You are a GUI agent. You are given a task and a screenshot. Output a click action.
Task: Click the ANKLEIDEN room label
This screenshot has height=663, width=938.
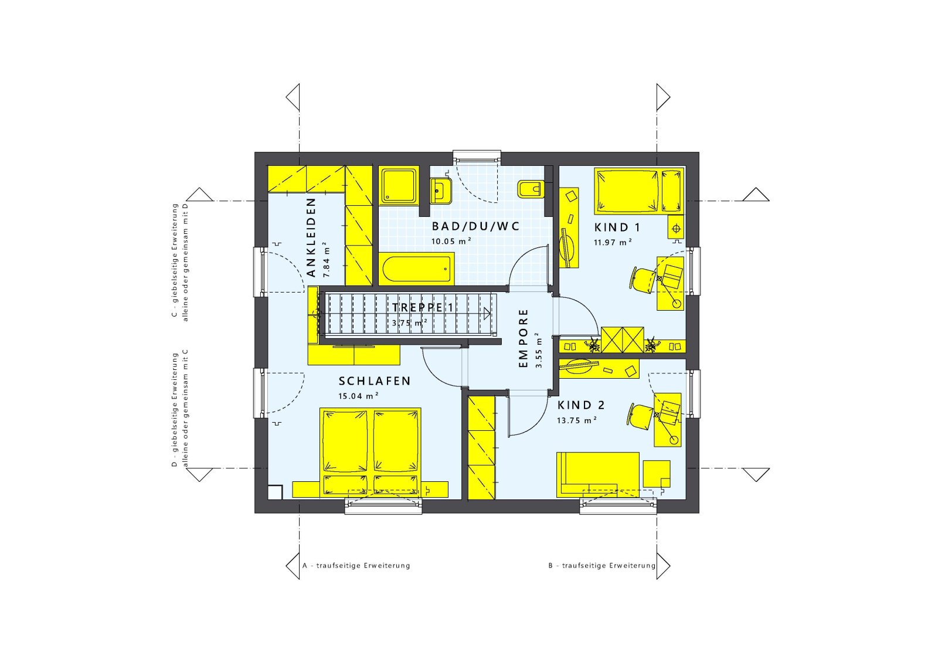coord(311,237)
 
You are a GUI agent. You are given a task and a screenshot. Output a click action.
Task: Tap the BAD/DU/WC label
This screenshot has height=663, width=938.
coord(475,226)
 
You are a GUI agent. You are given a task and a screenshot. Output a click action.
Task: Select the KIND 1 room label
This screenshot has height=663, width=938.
coord(617,227)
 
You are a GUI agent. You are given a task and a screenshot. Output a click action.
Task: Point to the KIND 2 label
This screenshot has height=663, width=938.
coord(581,405)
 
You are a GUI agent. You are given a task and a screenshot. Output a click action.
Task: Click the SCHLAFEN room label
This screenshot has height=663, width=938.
coord(375,381)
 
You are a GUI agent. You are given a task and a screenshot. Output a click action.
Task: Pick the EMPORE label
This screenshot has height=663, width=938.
coord(524,339)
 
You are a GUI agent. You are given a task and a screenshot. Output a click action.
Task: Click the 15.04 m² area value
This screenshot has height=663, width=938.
coord(358,396)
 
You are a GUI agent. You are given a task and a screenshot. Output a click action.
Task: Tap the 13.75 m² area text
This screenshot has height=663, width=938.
coord(576,420)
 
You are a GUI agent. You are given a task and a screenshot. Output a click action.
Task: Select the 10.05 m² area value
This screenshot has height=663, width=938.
coord(451,241)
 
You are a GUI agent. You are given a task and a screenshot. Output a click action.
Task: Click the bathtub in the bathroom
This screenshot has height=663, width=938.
coord(416,269)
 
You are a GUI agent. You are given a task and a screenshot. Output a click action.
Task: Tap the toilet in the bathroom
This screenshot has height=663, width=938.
coord(530,189)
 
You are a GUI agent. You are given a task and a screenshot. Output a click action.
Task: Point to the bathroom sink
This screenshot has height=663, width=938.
coord(440,190)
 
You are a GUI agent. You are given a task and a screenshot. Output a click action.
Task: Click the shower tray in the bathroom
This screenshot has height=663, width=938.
coord(399,186)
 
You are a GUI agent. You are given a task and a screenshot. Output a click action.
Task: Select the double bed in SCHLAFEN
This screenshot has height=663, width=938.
coord(371,451)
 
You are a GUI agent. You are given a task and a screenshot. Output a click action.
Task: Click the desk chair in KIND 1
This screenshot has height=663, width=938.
coord(644,280)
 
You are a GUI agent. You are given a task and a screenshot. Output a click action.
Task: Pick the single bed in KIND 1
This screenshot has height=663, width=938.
coord(639,191)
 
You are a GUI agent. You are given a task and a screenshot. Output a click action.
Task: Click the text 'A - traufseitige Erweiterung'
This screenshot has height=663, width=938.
coord(356,566)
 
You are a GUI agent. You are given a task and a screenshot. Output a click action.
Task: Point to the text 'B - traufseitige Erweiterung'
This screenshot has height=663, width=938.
coord(601,566)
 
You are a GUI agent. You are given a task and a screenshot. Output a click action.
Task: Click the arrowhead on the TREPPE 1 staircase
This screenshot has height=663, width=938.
coord(487,313)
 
